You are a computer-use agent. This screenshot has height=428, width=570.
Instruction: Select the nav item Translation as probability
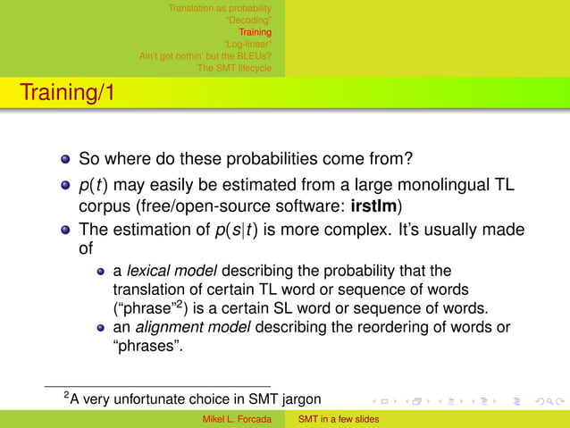220,8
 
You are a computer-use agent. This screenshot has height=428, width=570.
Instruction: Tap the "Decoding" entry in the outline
248,21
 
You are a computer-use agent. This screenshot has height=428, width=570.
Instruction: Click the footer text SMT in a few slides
339,419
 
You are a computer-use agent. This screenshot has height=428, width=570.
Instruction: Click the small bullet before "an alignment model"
103,328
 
